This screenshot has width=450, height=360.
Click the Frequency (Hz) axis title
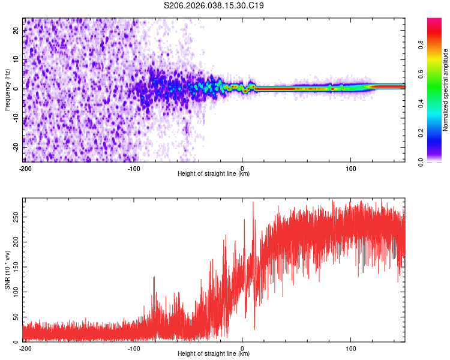click(8, 89)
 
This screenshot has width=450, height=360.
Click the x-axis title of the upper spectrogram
click(214, 174)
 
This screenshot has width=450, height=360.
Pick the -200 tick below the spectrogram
click(25, 168)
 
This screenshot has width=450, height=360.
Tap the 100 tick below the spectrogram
click(351, 168)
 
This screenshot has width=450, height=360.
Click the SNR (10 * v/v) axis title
click(8, 269)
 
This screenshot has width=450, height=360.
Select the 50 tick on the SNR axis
click(16, 316)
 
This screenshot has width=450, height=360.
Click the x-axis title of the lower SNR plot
click(214, 354)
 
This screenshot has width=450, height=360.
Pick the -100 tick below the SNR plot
click(134, 348)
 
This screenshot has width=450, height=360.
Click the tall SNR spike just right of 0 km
click(253, 203)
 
